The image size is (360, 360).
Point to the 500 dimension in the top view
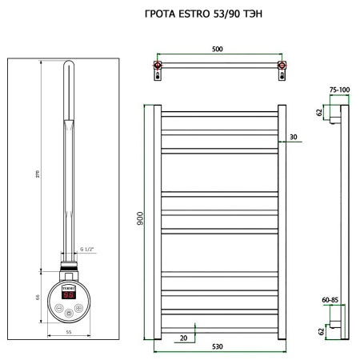(218, 50)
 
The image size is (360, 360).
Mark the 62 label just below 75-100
(321, 113)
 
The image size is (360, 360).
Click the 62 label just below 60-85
(321, 330)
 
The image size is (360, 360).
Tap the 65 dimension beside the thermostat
(38, 297)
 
